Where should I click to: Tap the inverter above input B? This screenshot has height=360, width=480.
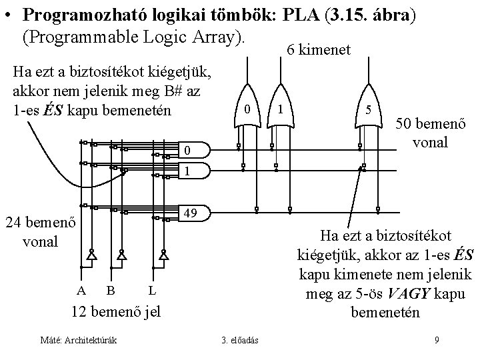point(121,255)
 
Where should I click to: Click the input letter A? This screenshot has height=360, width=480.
point(81,290)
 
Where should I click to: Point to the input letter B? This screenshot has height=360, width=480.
point(110,290)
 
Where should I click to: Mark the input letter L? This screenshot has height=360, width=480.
point(152,290)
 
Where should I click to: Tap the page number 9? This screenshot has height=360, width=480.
point(436,341)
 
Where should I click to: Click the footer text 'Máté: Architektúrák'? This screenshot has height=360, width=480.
point(79,341)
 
